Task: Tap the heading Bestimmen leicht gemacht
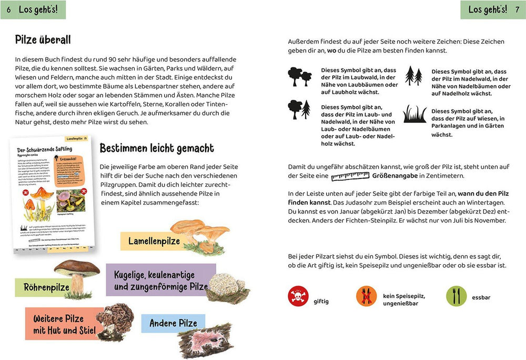pyautogui.click(x=157, y=148)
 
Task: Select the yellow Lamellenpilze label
pyautogui.click(x=154, y=241)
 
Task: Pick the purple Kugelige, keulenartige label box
pyautogui.click(x=160, y=281)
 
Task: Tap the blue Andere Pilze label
pyautogui.click(x=173, y=323)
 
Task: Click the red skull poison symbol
pyautogui.click(x=298, y=296)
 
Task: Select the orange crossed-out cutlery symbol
pyautogui.click(x=366, y=296)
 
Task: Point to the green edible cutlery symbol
pyautogui.click(x=456, y=296)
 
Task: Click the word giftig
pyautogui.click(x=321, y=301)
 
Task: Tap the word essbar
pyautogui.click(x=481, y=297)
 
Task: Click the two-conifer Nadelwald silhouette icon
pyautogui.click(x=413, y=76)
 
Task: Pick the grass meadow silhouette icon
pyautogui.click(x=414, y=114)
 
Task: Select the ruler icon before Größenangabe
pyautogui.click(x=350, y=176)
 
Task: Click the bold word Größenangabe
pyautogui.click(x=395, y=176)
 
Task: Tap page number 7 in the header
pyautogui.click(x=517, y=10)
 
